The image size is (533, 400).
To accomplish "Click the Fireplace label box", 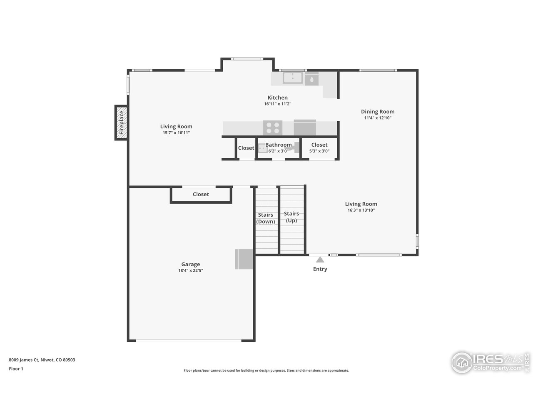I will pos(121,122).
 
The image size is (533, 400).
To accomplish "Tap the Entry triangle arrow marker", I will pos(320,260).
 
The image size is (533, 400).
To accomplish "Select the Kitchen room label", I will pos(277,97).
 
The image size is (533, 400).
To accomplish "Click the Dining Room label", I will pos(377,111).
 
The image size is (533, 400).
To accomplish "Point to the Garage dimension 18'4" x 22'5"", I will pos(190,270).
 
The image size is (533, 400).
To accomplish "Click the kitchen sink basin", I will pos(293,78).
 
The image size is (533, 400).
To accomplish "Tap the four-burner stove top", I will pos(273,127).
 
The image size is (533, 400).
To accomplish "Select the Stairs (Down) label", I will pos(266,218).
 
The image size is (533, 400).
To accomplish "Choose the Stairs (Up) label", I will pos(291,217).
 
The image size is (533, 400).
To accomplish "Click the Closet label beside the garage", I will pos(201,194).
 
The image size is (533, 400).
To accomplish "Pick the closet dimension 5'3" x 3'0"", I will pos(319,151).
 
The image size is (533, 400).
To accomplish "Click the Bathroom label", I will pos(279,145).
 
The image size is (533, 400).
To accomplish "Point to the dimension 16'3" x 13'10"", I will pos(361,210).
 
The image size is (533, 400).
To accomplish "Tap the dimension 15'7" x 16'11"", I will pos(176,132).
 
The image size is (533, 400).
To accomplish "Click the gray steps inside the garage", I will pos(244,259).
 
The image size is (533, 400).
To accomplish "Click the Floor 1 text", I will pos(16,369).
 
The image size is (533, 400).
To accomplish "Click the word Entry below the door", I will pos(320,269).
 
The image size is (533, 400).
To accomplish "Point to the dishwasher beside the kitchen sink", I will pos(311,78).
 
